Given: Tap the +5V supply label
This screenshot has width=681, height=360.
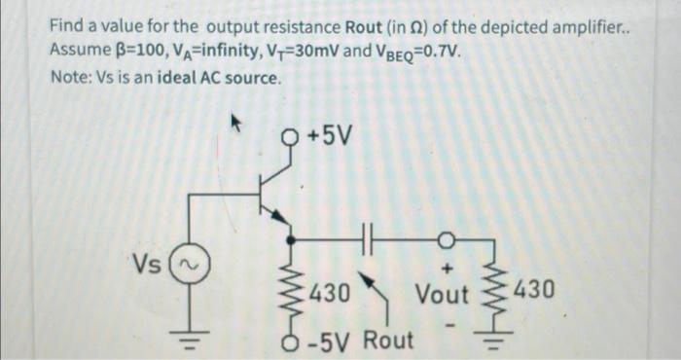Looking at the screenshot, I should click(329, 133).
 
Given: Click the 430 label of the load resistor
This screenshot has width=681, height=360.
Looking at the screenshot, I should click(536, 290).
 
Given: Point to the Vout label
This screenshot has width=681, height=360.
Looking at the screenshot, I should click(443, 294).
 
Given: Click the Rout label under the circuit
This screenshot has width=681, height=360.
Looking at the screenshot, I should click(389, 341).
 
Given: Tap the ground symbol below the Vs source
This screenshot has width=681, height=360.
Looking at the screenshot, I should click(191, 335).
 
